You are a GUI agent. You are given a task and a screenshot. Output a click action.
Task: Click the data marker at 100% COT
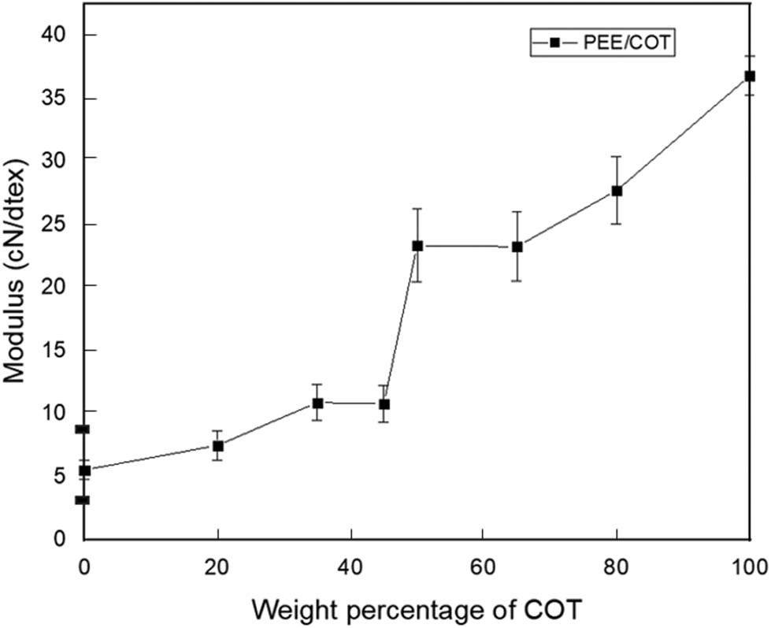pyautogui.click(x=750, y=76)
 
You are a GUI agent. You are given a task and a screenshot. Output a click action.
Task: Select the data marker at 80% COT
pyautogui.click(x=617, y=191)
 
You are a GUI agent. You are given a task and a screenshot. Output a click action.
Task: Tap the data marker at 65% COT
pyautogui.click(x=517, y=247)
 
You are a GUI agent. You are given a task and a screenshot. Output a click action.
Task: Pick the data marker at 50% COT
pyautogui.click(x=417, y=246)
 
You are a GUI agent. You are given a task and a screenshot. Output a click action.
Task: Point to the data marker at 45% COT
pyautogui.click(x=384, y=404)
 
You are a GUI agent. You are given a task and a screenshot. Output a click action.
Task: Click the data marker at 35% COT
pyautogui.click(x=317, y=403)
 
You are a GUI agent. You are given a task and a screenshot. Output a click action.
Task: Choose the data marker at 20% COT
pyautogui.click(x=218, y=446)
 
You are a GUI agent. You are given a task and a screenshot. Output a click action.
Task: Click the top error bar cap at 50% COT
pyautogui.click(x=417, y=209)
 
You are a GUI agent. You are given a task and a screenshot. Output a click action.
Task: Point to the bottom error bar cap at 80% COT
pyautogui.click(x=617, y=224)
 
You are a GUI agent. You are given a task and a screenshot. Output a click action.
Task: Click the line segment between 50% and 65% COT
pyautogui.click(x=467, y=247)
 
